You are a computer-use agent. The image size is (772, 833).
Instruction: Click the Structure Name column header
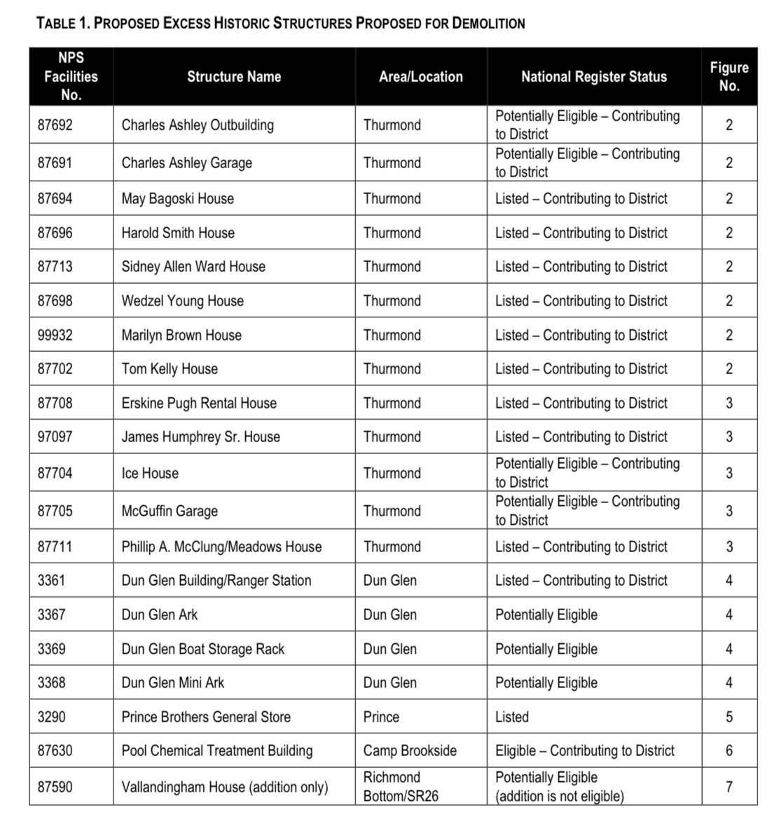click(234, 77)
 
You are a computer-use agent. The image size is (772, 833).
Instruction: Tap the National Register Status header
click(593, 77)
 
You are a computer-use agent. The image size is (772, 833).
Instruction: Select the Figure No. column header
click(729, 77)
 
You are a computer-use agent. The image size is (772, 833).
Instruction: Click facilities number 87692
click(55, 125)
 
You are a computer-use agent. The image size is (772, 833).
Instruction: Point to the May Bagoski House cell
click(178, 199)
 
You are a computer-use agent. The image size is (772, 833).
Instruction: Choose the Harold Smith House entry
click(178, 233)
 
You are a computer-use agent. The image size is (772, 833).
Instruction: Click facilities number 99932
click(55, 336)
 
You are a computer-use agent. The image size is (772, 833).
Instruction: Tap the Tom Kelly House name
click(170, 369)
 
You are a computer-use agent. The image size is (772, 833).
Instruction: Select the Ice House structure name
click(150, 474)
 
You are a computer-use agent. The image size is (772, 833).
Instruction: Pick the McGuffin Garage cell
click(170, 511)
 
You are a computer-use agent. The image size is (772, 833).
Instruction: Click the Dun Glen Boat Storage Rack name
click(203, 649)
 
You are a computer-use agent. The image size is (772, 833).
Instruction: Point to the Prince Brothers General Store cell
click(206, 717)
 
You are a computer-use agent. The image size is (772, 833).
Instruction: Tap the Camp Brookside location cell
click(410, 751)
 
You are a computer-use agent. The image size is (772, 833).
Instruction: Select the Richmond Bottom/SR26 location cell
click(401, 787)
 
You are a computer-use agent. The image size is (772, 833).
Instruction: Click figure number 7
click(729, 787)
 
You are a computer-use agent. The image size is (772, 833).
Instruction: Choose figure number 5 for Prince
click(729, 717)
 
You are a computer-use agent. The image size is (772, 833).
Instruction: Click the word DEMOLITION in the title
click(488, 23)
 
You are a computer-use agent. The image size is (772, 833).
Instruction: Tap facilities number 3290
click(51, 717)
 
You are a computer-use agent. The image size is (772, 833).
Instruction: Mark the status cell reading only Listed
click(512, 717)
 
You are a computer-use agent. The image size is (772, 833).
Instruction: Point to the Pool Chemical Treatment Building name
click(217, 751)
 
